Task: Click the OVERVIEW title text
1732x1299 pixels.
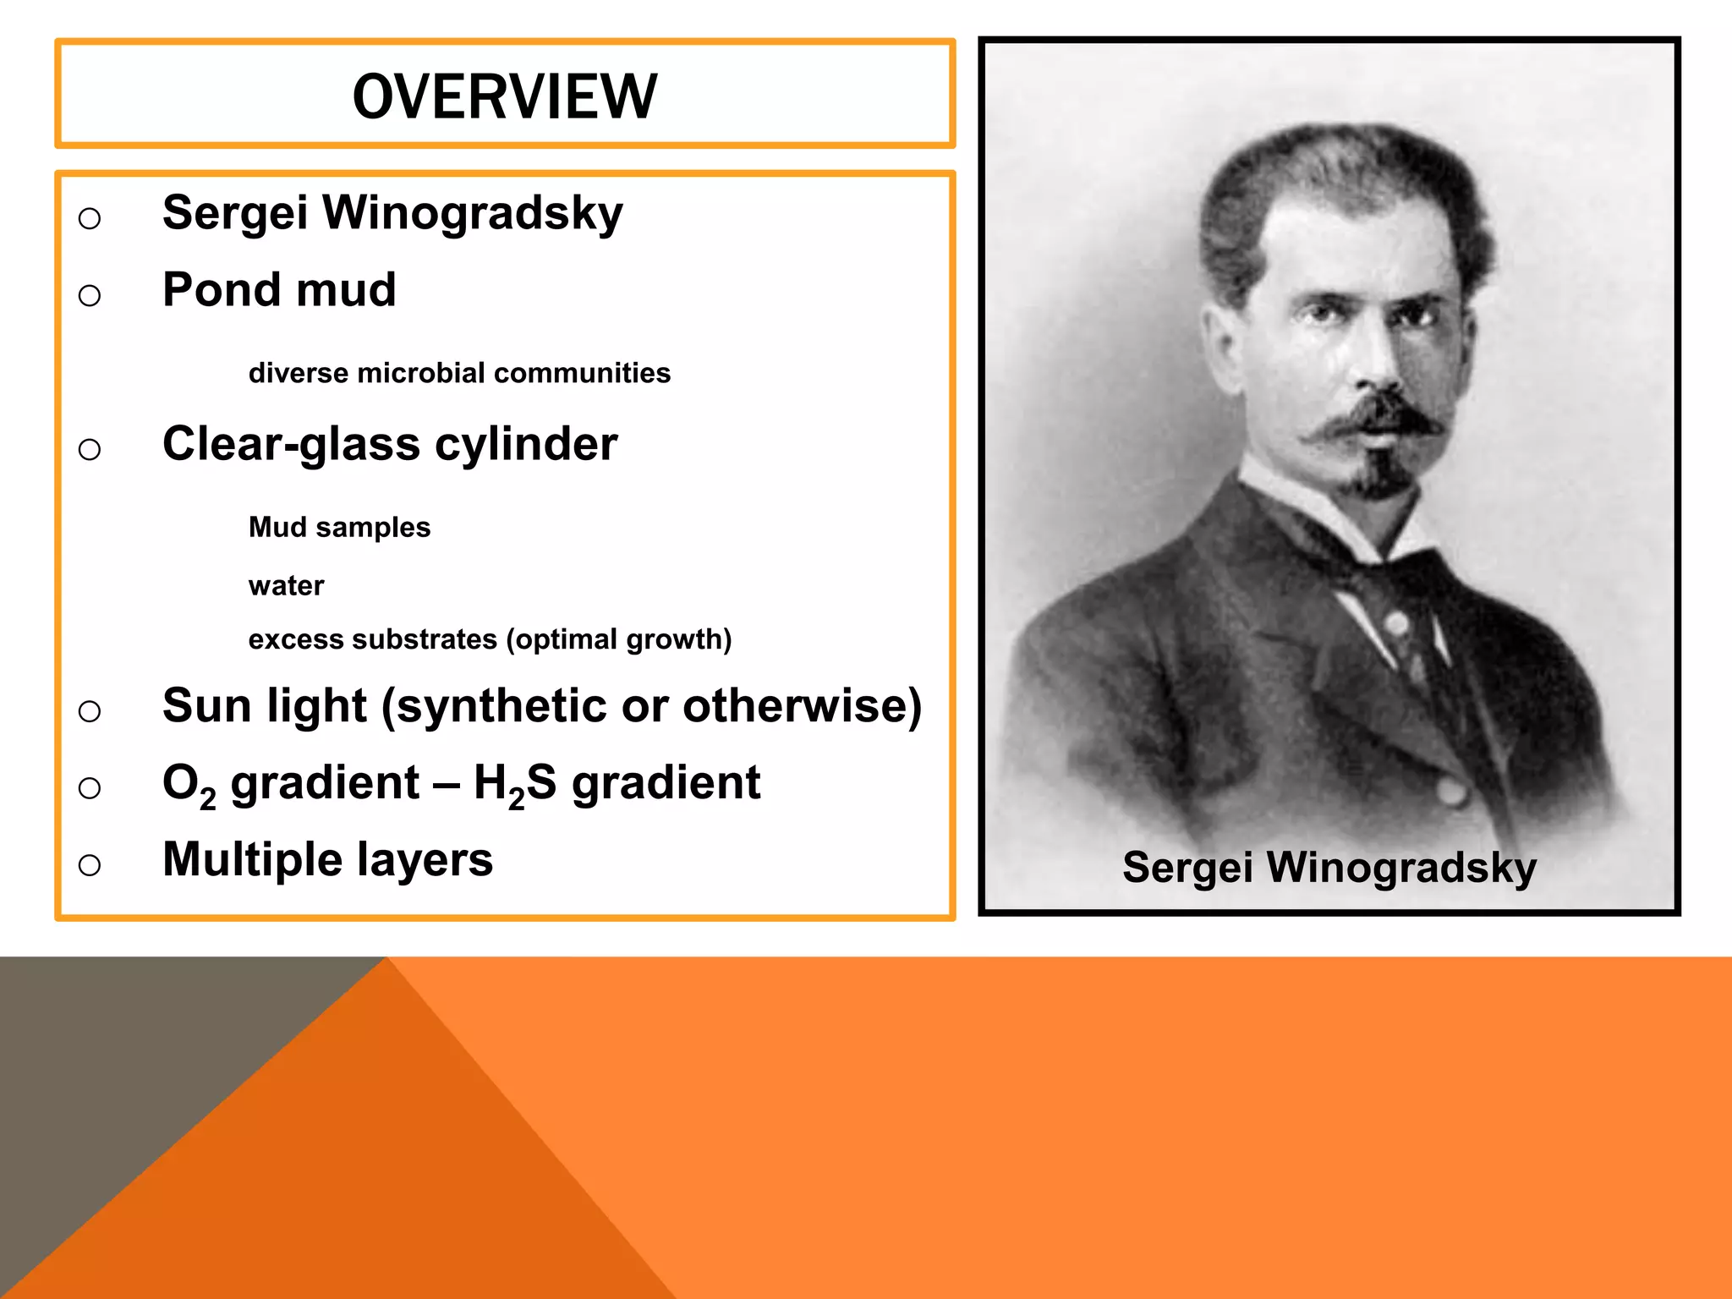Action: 505,96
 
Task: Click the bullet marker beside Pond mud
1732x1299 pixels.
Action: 90,295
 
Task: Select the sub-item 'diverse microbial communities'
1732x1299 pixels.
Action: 459,373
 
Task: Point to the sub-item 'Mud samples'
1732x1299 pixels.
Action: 339,527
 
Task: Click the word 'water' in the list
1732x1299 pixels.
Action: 286,585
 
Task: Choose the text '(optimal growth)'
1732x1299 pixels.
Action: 619,639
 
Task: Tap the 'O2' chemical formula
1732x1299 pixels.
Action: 189,785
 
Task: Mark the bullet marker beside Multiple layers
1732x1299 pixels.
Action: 90,865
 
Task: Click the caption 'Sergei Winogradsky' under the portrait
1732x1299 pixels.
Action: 1329,868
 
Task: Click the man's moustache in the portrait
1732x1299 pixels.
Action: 1375,419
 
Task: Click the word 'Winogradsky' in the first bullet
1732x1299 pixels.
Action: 473,213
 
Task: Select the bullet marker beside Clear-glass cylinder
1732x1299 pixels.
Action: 90,449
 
